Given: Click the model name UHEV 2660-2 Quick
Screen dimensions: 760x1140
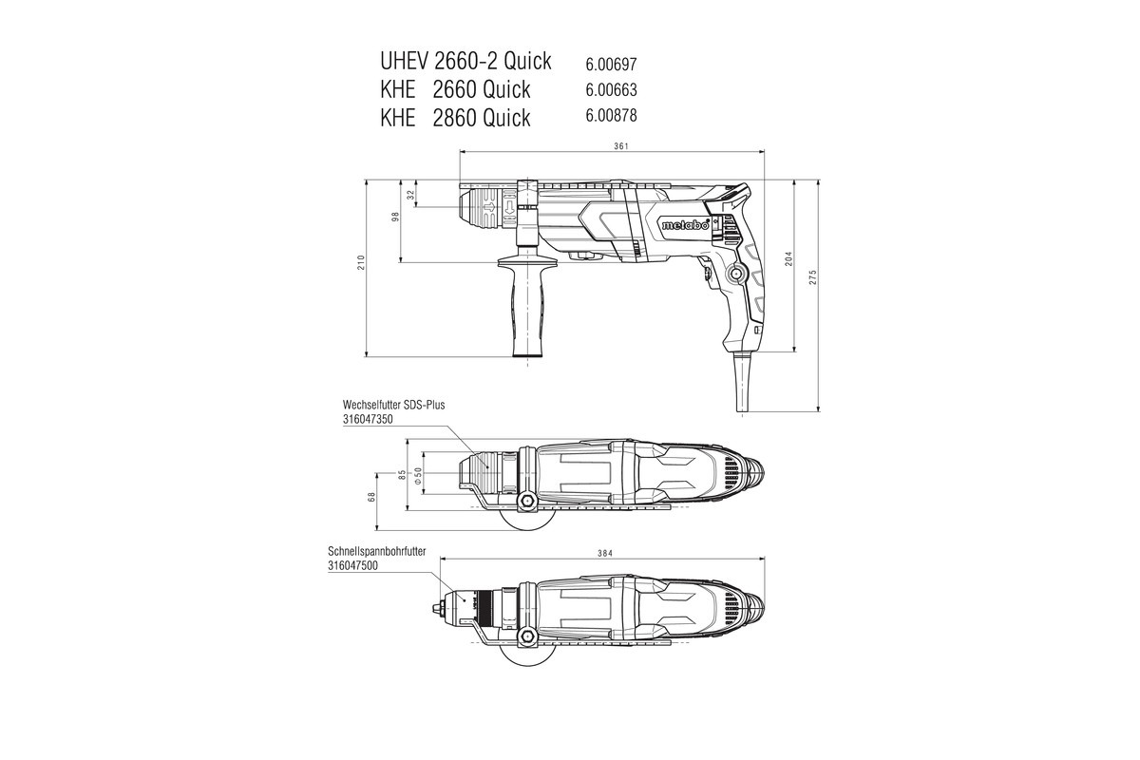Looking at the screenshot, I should pyautogui.click(x=465, y=62).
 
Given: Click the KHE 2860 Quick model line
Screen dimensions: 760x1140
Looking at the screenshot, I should pyautogui.click(x=455, y=117).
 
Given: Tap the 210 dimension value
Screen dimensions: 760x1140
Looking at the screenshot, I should pyautogui.click(x=362, y=264).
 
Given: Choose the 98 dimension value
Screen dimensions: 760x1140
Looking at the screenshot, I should pyautogui.click(x=396, y=217).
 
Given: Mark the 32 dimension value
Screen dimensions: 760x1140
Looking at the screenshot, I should pyautogui.click(x=410, y=195).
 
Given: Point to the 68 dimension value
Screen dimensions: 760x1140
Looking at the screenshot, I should pyautogui.click(x=372, y=494).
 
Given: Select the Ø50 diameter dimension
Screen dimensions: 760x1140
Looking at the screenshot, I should pyautogui.click(x=418, y=473).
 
